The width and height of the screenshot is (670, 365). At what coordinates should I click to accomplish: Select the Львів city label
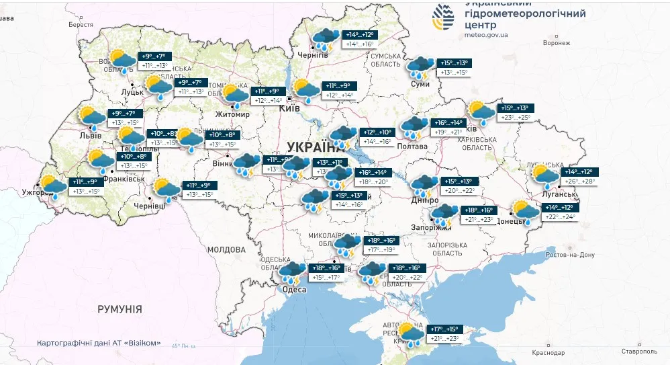pos(72,135)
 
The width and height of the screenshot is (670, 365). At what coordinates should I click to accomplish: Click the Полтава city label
pos(412,146)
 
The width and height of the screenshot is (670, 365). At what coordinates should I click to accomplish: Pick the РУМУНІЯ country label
pos(119,309)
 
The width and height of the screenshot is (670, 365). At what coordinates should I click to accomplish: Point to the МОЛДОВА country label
pos(226,249)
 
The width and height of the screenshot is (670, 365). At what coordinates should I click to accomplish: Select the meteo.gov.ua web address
pos(486,34)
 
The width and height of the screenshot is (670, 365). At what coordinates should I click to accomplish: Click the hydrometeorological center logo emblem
pos(444,17)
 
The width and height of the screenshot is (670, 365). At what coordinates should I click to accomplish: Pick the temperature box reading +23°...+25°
pos(515,118)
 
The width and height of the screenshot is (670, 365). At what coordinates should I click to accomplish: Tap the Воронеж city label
pos(557,42)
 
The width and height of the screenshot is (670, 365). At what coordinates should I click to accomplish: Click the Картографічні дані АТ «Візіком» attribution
pos(99,343)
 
